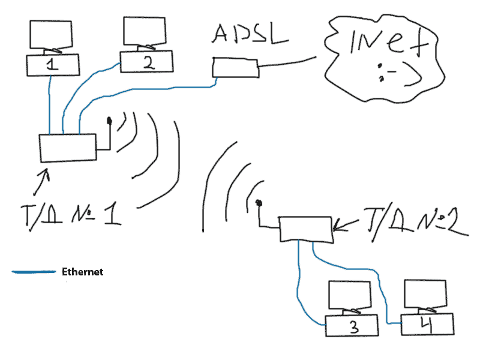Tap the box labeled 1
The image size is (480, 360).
coord(53,65)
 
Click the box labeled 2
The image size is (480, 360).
coord(147,62)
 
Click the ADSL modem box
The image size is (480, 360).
coord(235,67)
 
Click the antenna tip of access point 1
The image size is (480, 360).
coord(109,122)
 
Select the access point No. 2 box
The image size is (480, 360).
coord(305,229)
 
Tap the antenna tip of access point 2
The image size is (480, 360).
coord(259,203)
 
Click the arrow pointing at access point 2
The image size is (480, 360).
coord(346,226)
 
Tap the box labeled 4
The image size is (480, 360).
coord(425,323)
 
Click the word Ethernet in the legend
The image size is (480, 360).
coord(83,272)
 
